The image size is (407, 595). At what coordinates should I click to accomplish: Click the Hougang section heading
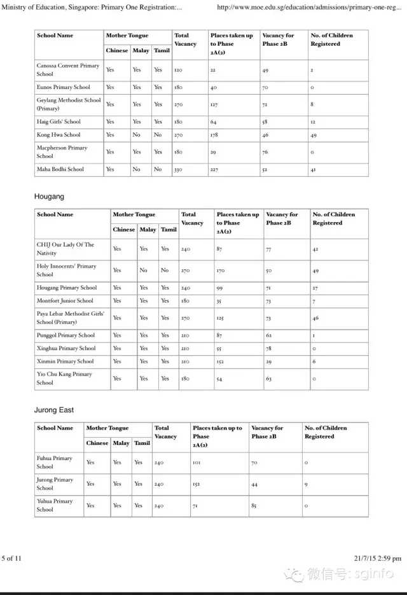coord(49,197)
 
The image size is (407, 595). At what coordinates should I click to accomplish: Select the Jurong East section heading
coord(54,410)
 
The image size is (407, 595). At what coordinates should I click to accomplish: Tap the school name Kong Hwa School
coord(59,135)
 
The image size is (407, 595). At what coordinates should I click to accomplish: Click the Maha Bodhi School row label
coord(60,169)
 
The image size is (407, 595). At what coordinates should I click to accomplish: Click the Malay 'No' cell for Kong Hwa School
coord(137,135)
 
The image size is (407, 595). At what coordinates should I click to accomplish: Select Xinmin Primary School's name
coord(66,361)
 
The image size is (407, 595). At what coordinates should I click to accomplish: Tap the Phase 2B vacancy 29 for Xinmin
coord(269,361)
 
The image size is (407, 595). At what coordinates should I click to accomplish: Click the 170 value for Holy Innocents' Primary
coord(221,270)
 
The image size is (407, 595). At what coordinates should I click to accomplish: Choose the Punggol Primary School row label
coord(66,335)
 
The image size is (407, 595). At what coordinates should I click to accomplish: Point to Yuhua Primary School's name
coord(54,505)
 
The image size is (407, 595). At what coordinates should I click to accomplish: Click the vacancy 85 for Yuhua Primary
coord(254,506)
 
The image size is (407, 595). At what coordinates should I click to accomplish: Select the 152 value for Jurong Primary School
coord(197,484)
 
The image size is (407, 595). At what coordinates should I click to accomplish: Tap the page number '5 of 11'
coord(11,559)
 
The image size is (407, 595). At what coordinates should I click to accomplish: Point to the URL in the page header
coord(308,8)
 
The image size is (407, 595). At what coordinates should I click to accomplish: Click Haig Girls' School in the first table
coord(59,122)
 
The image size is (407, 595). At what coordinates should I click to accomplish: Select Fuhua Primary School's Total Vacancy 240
coord(159,463)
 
